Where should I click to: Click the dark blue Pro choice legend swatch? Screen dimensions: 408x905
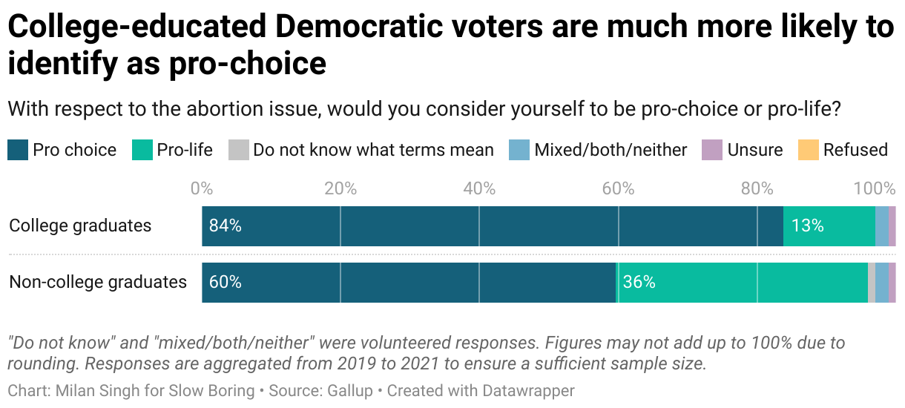18,150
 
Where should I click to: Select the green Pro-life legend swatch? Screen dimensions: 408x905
142,150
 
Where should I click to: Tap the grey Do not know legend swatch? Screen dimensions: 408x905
238,150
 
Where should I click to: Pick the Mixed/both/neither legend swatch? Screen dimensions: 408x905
519,150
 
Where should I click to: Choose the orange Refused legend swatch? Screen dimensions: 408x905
807,150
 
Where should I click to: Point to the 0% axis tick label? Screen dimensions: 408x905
202,188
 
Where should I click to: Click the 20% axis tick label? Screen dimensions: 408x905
340,188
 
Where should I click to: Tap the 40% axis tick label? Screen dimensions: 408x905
479,188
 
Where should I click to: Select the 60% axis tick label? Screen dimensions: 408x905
618,188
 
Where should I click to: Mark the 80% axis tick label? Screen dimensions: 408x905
757,188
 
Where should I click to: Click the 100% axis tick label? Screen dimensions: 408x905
874,188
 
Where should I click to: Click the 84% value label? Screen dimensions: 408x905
225,226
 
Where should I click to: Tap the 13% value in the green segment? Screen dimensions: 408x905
807,226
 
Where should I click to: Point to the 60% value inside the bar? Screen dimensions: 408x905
225,283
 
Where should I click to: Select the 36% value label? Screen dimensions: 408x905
639,283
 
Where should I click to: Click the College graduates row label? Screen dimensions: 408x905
80,226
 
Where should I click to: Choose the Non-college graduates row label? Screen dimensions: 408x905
98,282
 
